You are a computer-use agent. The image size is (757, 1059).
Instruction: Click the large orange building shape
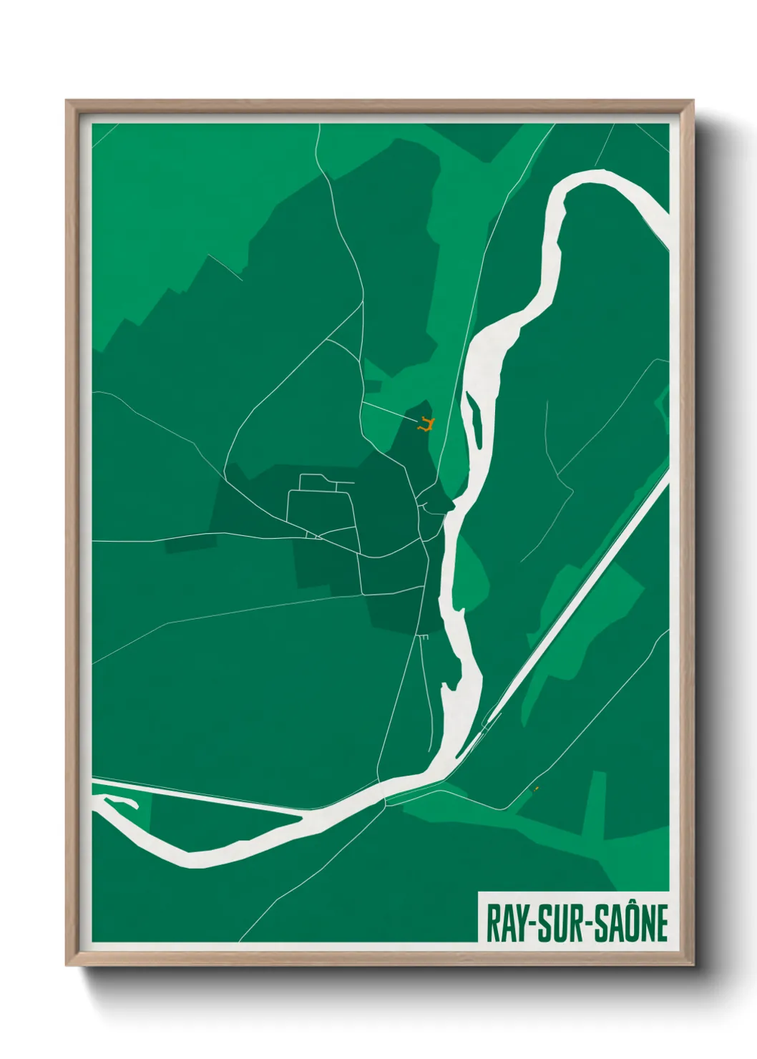click(426, 424)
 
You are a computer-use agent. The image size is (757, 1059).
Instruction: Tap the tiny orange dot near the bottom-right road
click(537, 789)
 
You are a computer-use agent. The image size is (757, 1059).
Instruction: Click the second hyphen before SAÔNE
click(585, 924)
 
